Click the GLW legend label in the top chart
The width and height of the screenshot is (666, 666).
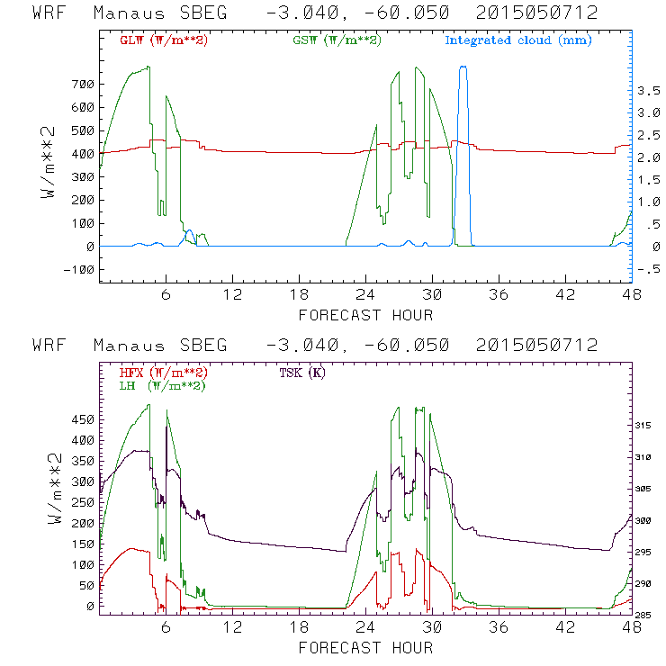click(x=164, y=40)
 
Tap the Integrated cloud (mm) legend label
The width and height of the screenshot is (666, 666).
click(x=518, y=40)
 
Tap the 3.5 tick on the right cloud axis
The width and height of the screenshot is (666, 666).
click(x=648, y=91)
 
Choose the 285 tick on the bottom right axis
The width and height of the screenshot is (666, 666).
click(x=648, y=616)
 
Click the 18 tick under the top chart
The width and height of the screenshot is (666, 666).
click(x=299, y=294)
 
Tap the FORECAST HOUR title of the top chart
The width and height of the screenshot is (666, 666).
click(x=365, y=314)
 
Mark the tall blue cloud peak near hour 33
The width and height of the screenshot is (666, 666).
click(x=463, y=67)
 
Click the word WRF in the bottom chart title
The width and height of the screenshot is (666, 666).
click(x=49, y=345)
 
